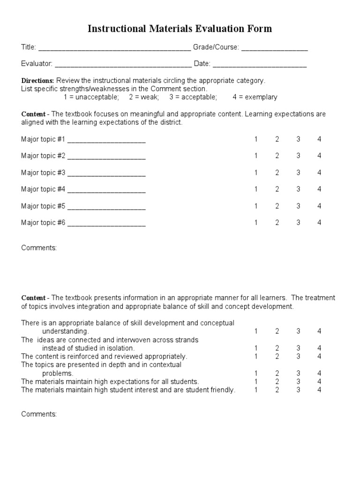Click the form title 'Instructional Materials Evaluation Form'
(180, 29)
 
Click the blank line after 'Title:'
(114, 49)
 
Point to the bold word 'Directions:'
(37, 81)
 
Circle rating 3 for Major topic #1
(298, 139)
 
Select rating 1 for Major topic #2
(256, 156)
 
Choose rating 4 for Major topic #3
(319, 172)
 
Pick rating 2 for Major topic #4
(277, 189)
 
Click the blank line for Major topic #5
(106, 207)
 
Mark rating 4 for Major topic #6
(319, 223)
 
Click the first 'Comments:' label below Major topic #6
(39, 248)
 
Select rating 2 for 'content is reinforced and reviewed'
(277, 356)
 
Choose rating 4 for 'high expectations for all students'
(319, 382)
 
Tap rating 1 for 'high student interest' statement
(256, 390)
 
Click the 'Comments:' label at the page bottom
(39, 414)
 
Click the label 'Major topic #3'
(43, 172)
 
